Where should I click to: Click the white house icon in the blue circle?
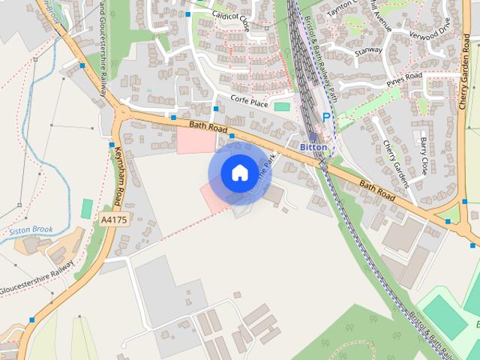pos(239,173)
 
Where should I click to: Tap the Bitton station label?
pos(313,148)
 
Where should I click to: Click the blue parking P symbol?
pos(326,117)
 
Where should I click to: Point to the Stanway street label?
pos(368,52)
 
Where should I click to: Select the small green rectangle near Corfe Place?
pos(282,106)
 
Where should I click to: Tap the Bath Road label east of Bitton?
pos(376,190)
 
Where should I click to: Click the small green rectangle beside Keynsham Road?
pos(87,208)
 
